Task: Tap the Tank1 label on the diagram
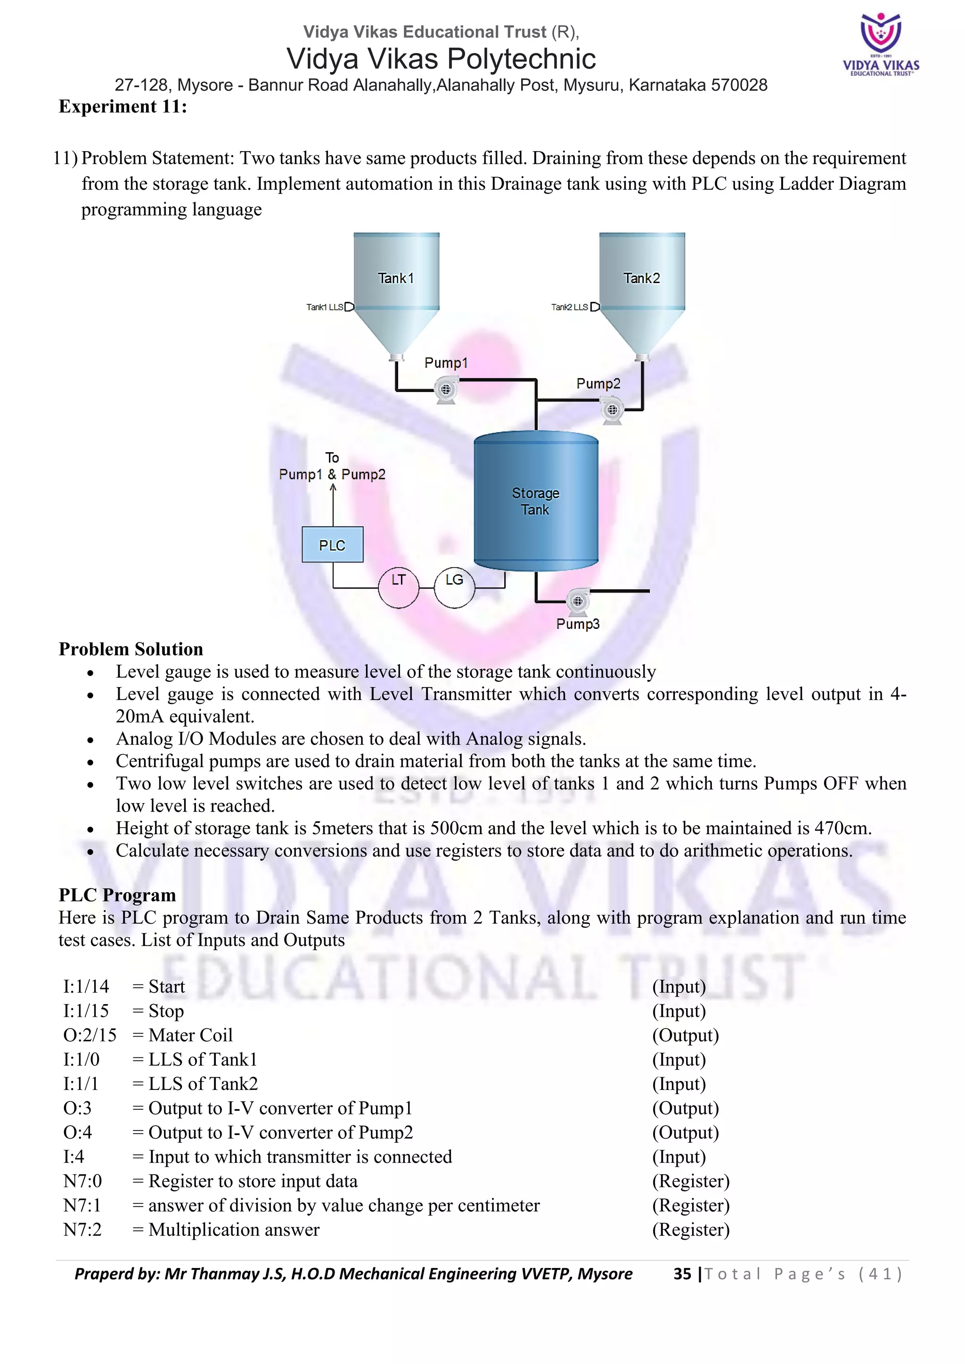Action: [x=396, y=278]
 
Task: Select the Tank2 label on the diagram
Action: [x=641, y=278]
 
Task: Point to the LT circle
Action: [x=398, y=587]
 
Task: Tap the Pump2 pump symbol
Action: [x=612, y=410]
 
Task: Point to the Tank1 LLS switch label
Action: [x=325, y=307]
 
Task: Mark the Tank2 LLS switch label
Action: [x=569, y=307]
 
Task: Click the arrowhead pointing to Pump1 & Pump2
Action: [x=333, y=488]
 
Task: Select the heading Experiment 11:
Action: [x=123, y=106]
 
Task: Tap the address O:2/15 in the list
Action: [x=90, y=1035]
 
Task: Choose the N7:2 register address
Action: [x=82, y=1230]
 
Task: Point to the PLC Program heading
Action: [x=117, y=895]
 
